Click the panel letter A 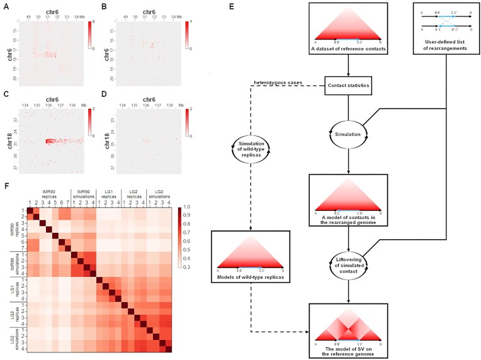point(5,6)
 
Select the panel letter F point(5,186)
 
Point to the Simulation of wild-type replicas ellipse point(250,156)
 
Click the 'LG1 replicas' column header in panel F point(107,192)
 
